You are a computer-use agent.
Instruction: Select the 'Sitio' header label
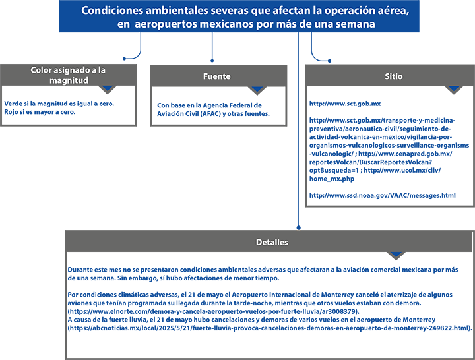click(x=393, y=76)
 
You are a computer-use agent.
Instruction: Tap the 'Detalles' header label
click(x=272, y=242)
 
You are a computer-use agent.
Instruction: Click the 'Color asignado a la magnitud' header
click(x=69, y=75)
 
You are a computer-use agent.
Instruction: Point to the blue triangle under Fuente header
click(x=257, y=89)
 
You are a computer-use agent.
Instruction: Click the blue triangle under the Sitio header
click(x=454, y=88)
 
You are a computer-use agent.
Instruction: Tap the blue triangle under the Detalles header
click(x=396, y=255)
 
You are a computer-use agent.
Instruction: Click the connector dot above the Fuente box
click(x=212, y=61)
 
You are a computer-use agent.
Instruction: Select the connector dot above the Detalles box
click(x=299, y=227)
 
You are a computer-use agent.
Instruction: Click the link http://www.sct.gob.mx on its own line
click(x=345, y=104)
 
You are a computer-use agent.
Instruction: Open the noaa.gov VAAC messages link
click(x=382, y=195)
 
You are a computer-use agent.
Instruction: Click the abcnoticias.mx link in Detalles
click(x=270, y=328)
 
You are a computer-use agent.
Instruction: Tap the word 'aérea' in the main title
click(x=393, y=11)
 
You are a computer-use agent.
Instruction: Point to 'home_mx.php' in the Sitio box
click(x=332, y=179)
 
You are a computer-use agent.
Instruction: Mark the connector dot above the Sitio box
click(x=330, y=61)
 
